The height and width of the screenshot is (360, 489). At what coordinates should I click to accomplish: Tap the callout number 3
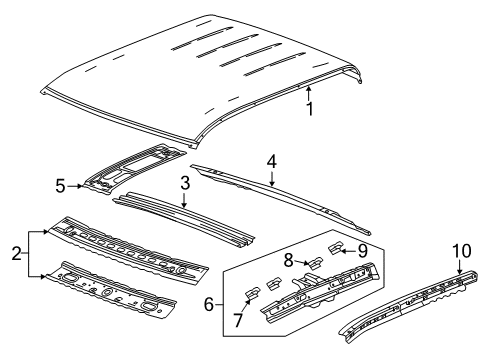[x=184, y=184]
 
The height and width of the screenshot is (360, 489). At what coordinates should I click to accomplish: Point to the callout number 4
[x=270, y=160]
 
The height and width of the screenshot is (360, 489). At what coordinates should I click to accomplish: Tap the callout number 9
[x=362, y=251]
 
